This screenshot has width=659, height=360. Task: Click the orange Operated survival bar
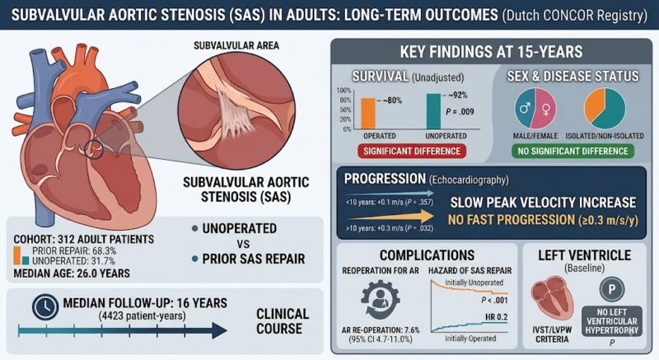pos(368,114)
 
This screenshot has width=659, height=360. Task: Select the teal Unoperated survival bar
pos(433,111)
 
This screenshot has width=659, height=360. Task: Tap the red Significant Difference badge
pos(412,152)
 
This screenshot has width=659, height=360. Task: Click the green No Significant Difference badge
pos(573,152)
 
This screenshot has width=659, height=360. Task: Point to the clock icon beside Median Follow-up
pos(45,306)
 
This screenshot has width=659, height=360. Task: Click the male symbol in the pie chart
pos(525,109)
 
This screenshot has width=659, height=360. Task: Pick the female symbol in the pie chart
pos(546,110)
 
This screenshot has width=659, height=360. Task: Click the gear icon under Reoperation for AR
pos(380,299)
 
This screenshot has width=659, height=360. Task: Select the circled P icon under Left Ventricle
pos(612,289)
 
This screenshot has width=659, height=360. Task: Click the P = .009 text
pos(460,112)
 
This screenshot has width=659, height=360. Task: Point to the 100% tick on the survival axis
pos(344,91)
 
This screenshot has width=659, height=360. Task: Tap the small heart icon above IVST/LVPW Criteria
pos(552,297)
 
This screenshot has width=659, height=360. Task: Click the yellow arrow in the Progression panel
pos(390,217)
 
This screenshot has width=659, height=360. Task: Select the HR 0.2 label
pos(497,316)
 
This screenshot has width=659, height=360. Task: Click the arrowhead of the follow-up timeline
pos(220,330)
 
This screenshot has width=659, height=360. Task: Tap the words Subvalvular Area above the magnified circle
pos(236,45)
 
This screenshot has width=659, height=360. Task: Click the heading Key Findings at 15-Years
pos(491,52)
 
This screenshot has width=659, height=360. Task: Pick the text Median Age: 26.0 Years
pos(72,274)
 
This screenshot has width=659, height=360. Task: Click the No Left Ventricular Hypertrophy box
pos(612,321)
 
